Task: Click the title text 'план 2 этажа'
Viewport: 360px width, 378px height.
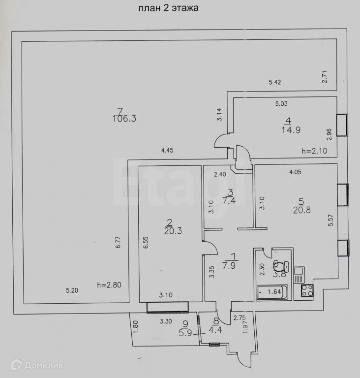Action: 169,8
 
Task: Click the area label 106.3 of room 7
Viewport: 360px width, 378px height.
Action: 124,119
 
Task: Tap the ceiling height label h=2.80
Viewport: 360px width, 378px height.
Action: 109,284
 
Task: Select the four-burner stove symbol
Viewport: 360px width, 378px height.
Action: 307,290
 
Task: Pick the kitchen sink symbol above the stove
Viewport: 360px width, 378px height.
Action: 299,272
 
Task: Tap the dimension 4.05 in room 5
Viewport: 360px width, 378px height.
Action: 295,172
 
